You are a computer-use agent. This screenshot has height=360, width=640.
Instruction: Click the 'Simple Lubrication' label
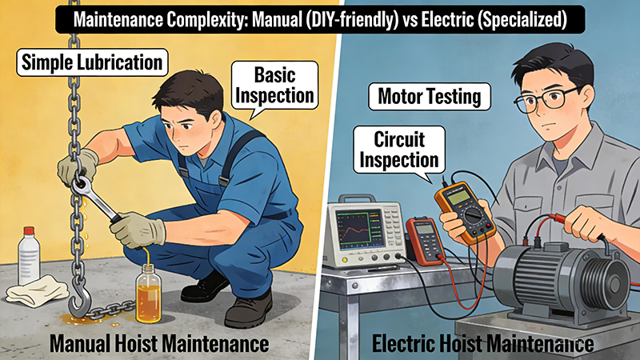click(x=92, y=62)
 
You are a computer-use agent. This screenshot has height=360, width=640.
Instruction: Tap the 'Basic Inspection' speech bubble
click(x=274, y=86)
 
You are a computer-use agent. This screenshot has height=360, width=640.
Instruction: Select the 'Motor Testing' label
click(x=430, y=97)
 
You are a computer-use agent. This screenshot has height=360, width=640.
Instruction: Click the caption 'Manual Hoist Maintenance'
click(x=159, y=343)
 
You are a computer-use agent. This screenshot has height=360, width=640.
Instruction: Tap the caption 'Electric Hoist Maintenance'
click(x=483, y=343)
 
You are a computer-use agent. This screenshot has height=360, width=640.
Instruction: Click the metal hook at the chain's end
click(x=78, y=300)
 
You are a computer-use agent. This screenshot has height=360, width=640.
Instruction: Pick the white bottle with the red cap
click(x=29, y=256)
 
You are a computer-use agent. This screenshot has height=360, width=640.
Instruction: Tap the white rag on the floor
click(x=37, y=290)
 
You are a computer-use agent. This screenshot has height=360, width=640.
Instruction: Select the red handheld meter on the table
click(x=426, y=241)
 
